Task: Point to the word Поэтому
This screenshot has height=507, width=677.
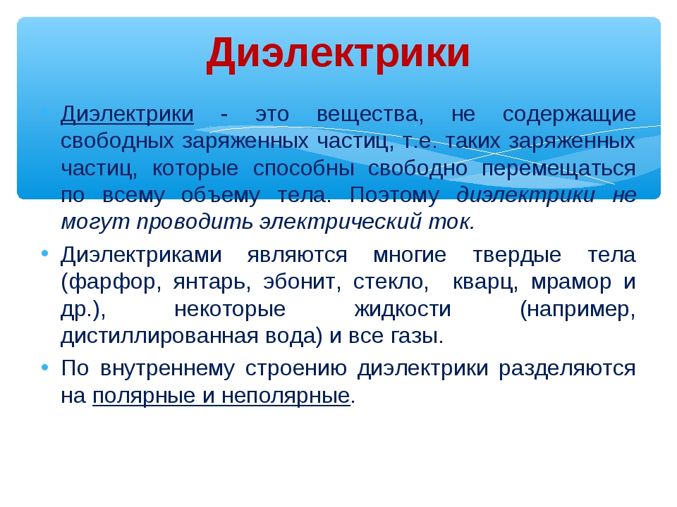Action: pos(394,195)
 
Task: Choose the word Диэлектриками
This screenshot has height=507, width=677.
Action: pos(141,255)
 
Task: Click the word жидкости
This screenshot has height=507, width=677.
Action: pos(403,310)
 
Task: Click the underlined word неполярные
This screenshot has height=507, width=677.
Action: pos(286,396)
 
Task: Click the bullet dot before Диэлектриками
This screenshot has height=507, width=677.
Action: pos(45,254)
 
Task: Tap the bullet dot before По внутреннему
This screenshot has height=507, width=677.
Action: pos(45,368)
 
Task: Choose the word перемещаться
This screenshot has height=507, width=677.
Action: pos(559,169)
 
